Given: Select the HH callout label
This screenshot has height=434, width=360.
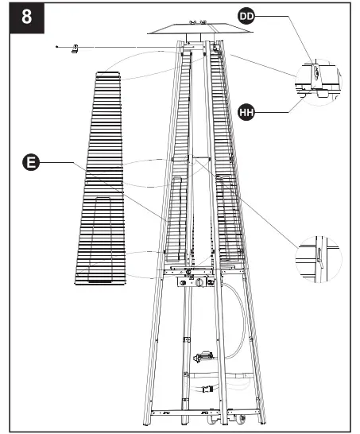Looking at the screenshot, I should click(248, 113).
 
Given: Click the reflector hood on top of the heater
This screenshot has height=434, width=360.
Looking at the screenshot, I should click(189, 30).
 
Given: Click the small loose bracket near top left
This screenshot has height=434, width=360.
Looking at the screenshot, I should click(75, 50).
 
